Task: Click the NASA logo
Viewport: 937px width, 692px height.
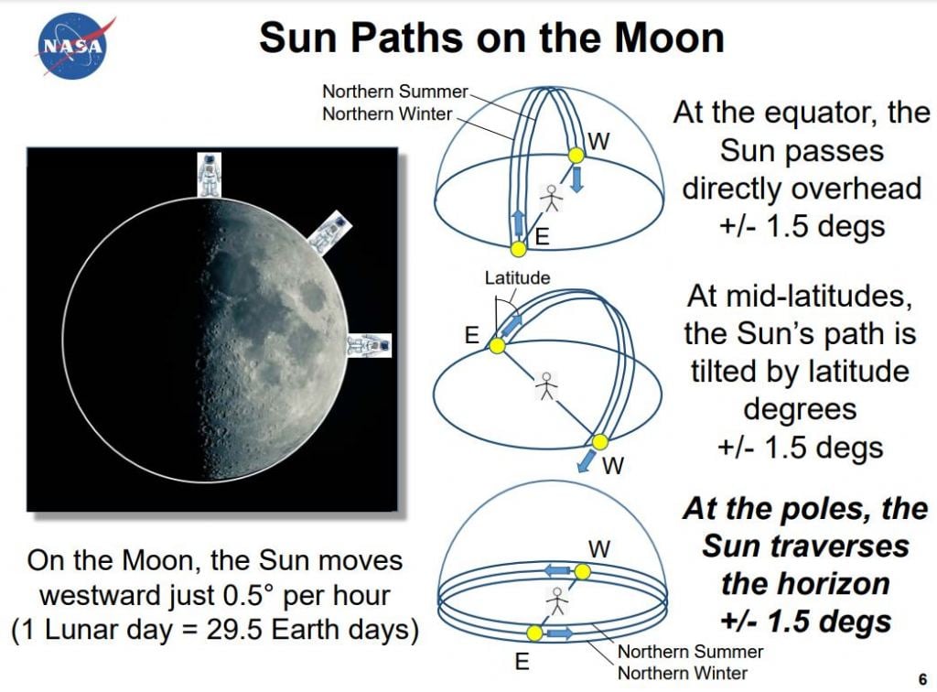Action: click(x=72, y=45)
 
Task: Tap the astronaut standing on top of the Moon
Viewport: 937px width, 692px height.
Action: click(x=210, y=175)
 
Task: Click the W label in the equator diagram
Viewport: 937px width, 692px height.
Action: click(x=599, y=141)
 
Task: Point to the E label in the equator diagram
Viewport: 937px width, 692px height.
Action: click(x=542, y=237)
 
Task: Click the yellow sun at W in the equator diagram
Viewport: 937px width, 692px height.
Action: click(x=576, y=157)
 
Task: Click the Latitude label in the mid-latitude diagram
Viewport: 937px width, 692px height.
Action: click(x=517, y=278)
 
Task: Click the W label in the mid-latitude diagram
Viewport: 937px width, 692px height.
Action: click(x=613, y=466)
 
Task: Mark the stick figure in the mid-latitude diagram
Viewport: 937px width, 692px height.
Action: click(x=546, y=386)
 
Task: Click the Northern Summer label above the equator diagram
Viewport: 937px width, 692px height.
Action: click(x=394, y=92)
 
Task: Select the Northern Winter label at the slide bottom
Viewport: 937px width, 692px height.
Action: click(x=683, y=673)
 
